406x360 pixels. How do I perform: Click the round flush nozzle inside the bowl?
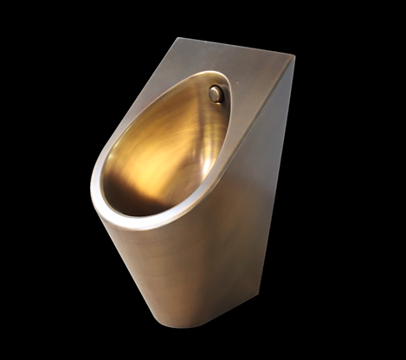[x=216, y=94]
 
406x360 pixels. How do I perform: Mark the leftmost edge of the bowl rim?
[x=93, y=186]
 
